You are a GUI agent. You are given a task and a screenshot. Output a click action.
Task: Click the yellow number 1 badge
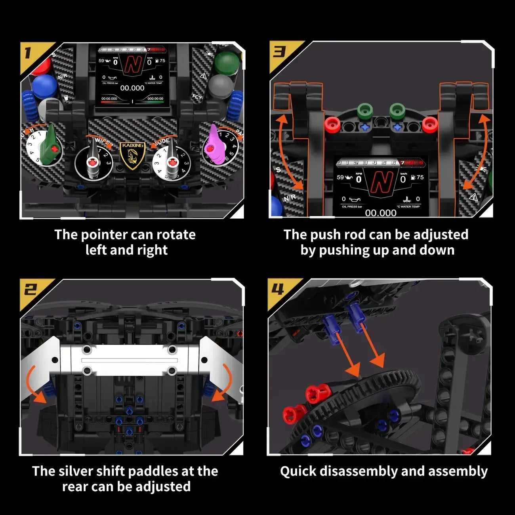29,53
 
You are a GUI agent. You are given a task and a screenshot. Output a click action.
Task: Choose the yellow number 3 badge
279,52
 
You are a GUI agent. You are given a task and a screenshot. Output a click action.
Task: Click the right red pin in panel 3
429,125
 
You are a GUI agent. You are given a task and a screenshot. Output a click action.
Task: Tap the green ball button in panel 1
227,62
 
